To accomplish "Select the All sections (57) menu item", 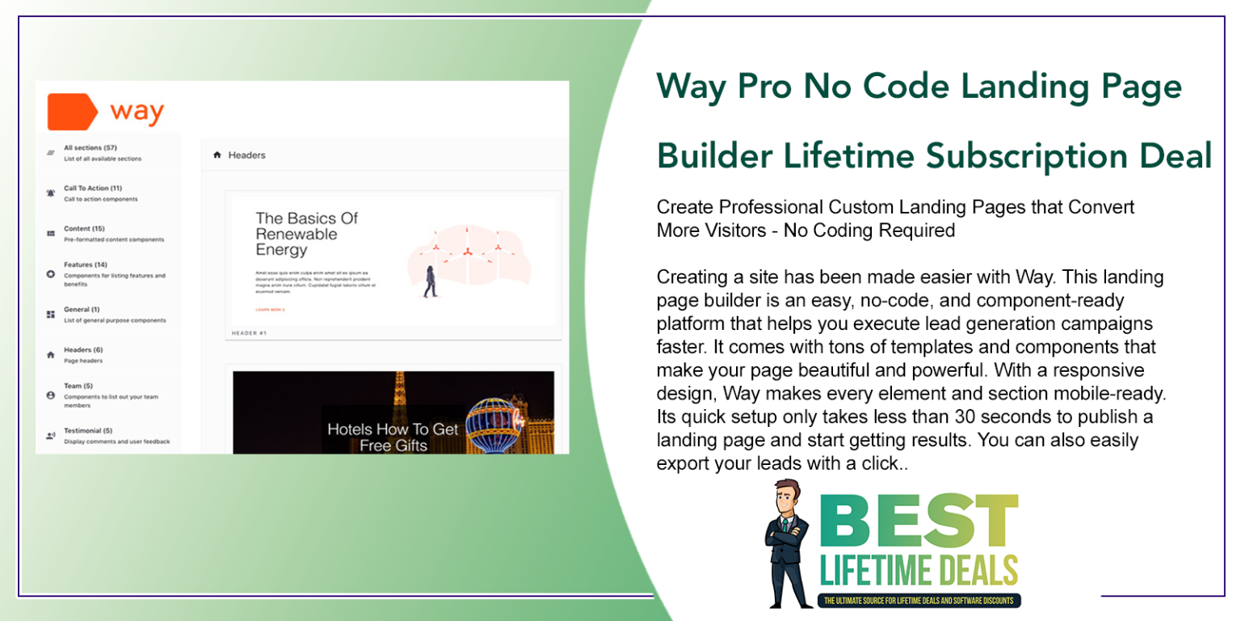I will [x=90, y=148].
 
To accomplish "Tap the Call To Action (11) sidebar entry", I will [x=92, y=188].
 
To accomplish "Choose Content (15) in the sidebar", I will [x=84, y=229].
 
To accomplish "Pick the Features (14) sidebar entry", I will [x=86, y=264].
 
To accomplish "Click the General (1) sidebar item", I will [x=82, y=310].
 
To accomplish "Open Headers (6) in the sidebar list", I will [x=83, y=350].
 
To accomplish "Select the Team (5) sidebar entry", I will [x=78, y=387].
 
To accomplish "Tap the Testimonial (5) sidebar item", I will [x=88, y=431].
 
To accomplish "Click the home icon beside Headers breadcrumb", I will [x=217, y=155].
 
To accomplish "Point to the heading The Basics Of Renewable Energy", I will [x=306, y=234].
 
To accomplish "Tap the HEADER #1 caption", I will [x=249, y=332].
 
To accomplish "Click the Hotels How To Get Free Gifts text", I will [x=393, y=437].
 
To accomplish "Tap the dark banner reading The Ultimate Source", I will [x=920, y=601].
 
